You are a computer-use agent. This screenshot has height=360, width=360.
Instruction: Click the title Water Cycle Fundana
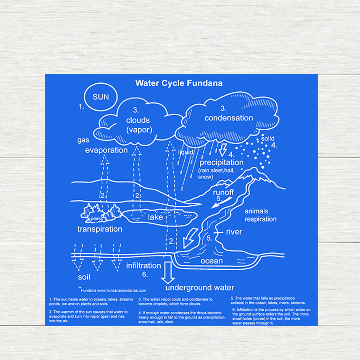179,83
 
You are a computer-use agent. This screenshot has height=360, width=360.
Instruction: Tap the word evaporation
106,150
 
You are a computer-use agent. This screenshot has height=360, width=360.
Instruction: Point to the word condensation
229,118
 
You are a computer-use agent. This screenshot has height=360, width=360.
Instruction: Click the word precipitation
221,162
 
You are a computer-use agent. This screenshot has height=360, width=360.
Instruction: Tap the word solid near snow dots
268,139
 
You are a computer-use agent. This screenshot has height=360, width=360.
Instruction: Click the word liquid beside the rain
186,152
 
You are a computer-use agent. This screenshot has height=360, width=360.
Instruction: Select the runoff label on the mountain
223,192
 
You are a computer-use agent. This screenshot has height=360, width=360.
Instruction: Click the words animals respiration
261,215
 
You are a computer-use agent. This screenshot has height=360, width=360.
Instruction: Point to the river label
234,232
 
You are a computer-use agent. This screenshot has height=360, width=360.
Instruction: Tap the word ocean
212,261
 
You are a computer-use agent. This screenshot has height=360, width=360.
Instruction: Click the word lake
155,217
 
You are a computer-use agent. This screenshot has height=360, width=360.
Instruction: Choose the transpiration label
100,229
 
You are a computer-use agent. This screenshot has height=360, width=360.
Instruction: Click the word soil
84,277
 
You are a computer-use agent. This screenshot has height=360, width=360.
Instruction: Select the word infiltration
143,265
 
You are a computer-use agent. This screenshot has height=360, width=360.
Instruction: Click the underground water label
200,288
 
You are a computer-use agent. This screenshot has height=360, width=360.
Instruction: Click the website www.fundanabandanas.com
122,291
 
